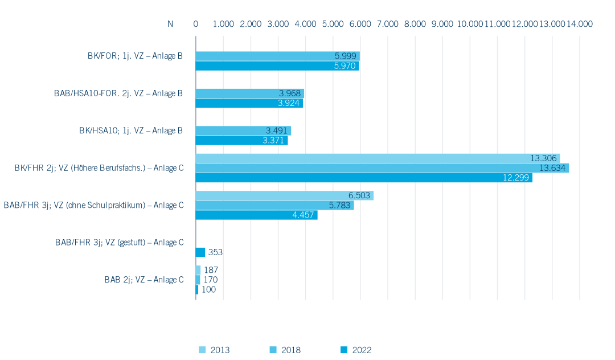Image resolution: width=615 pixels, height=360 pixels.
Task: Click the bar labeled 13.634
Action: pyautogui.click(x=383, y=168)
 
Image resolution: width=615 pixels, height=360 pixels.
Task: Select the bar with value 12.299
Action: pyautogui.click(x=364, y=178)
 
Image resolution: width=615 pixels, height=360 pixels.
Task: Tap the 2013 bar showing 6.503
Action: pyautogui.click(x=285, y=195)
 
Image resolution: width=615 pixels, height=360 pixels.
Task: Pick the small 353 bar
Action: pyautogui.click(x=200, y=252)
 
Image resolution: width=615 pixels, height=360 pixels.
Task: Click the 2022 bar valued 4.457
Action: pyautogui.click(x=256, y=215)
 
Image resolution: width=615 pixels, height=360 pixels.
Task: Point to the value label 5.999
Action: pyautogui.click(x=345, y=56)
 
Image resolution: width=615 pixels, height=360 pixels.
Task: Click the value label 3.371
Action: pyautogui.click(x=273, y=140)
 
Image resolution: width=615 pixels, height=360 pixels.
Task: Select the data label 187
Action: pyautogui.click(x=211, y=270)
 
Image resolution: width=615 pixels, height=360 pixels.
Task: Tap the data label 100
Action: pyautogui.click(x=208, y=289)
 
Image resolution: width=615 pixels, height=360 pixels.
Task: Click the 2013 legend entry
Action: pyautogui.click(x=215, y=350)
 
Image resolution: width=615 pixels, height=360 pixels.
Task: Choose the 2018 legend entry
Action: pyautogui.click(x=285, y=350)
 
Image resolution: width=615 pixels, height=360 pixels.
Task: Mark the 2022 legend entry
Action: pyautogui.click(x=356, y=350)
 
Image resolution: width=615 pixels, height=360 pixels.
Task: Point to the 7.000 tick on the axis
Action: pyautogui.click(x=388, y=24)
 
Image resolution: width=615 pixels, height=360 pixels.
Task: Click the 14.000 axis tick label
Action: pyautogui.click(x=579, y=24)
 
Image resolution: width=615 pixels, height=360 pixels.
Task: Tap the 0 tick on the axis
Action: pyautogui.click(x=196, y=24)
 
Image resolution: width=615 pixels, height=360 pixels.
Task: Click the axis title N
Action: pyautogui.click(x=170, y=24)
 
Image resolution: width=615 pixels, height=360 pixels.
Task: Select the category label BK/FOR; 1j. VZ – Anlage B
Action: pyautogui.click(x=135, y=56)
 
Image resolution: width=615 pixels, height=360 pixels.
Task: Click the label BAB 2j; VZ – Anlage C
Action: pyautogui.click(x=144, y=280)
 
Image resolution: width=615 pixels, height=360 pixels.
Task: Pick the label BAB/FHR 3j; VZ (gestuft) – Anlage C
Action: pyautogui.click(x=119, y=242)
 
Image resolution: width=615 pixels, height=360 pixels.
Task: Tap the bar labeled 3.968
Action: pyautogui.click(x=250, y=93)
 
